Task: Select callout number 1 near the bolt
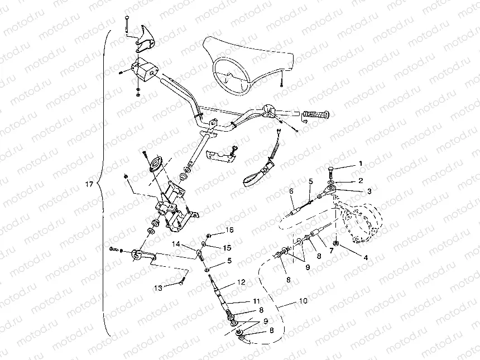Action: pyautogui.click(x=360, y=164)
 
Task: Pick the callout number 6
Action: pyautogui.click(x=291, y=191)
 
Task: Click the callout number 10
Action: pyautogui.click(x=303, y=301)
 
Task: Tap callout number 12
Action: pyautogui.click(x=241, y=282)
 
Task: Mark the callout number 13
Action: pyautogui.click(x=159, y=288)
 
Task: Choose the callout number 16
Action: pyautogui.click(x=228, y=230)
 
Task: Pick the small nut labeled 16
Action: pyautogui.click(x=208, y=236)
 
